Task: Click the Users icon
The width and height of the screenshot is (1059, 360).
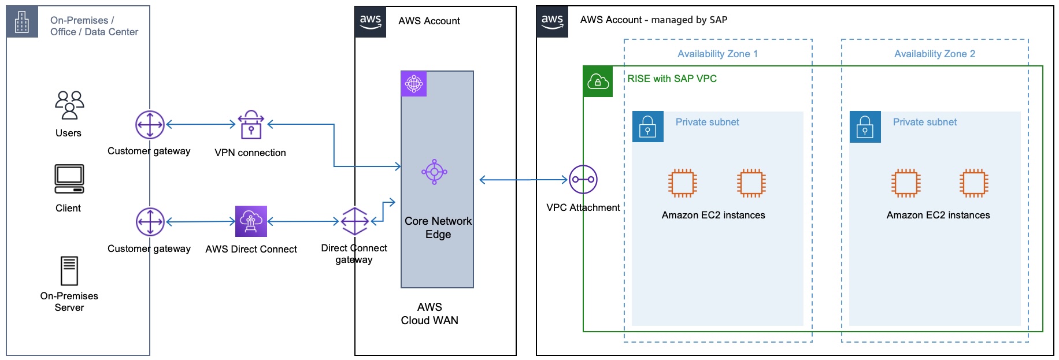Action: pos(69,105)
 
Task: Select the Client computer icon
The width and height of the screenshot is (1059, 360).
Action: pos(69,179)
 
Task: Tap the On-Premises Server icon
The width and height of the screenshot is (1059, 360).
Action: pos(69,271)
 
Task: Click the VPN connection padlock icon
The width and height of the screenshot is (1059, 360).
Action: pos(251,125)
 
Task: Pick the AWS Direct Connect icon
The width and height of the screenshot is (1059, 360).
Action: pos(251,221)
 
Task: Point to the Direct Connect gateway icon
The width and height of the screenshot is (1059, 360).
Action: pos(354,221)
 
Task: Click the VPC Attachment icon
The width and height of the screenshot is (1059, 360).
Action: pos(583,180)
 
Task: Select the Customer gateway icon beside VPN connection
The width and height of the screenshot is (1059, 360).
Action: pos(150,125)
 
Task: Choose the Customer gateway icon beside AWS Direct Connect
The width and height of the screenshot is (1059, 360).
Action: pos(150,222)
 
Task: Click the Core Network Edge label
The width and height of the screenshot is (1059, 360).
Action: pos(438,228)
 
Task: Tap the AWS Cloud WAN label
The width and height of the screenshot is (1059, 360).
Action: pos(429,314)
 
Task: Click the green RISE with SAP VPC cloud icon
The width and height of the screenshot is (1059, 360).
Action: pos(598,82)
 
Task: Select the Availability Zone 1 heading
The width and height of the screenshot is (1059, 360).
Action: pos(717,54)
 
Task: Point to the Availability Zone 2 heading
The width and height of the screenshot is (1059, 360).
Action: pos(934,54)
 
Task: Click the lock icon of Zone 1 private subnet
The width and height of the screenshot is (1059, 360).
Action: pos(647,127)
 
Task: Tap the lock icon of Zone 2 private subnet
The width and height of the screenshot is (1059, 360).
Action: pos(865,127)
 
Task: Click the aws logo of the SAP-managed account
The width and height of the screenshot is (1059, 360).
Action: pos(552,21)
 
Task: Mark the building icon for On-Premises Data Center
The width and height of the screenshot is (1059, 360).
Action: pos(22,22)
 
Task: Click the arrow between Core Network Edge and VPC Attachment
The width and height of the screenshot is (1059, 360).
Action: pos(523,180)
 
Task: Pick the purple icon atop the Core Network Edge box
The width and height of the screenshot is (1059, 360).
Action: pos(414,84)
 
